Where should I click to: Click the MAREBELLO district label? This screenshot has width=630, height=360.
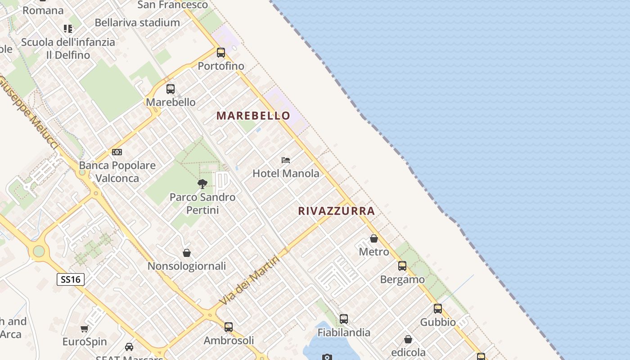coord(253,116)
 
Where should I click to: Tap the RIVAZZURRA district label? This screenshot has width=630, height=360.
coord(336,211)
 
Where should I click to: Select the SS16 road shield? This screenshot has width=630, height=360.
coord(71,279)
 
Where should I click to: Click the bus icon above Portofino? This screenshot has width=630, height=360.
coord(220,53)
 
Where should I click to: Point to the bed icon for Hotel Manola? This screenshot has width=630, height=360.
coord(285,160)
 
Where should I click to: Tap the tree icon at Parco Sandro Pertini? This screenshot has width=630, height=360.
coord(202,184)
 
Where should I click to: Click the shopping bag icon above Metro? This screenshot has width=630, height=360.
coord(373,238)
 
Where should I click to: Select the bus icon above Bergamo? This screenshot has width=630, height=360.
coord(402,266)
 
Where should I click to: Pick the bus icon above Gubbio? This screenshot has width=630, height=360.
coord(437,309)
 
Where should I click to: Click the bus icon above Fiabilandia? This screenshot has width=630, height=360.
coord(344,319)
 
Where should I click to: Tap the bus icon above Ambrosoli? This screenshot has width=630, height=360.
coord(229,327)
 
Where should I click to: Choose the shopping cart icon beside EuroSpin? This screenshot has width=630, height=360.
coord(85,328)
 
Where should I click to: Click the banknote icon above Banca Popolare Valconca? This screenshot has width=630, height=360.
coord(117,152)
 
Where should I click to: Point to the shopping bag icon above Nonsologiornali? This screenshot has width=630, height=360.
coord(187,253)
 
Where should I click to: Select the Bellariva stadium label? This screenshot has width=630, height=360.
coord(137,22)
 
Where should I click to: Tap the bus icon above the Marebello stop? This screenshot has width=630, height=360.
coord(170,89)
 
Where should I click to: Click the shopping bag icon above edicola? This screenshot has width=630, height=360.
coord(408,339)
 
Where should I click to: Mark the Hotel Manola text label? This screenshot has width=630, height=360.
coord(286,173)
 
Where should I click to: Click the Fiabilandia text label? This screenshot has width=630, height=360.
coord(344,333)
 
